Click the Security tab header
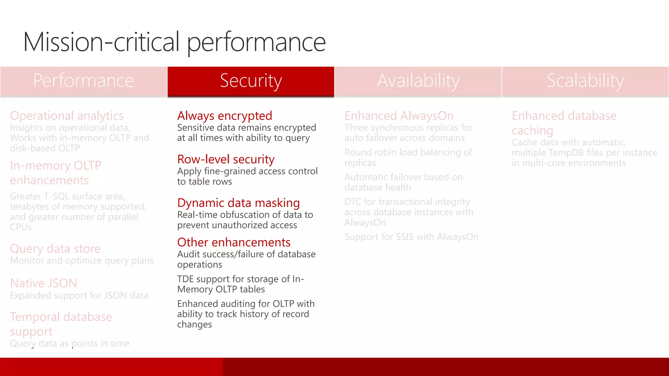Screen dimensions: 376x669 click(251, 81)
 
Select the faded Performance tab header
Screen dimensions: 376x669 click(83, 81)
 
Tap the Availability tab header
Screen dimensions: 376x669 click(418, 81)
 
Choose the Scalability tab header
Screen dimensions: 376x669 click(585, 81)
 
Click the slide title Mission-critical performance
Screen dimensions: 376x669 click(174, 42)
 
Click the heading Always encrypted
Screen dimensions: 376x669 click(224, 116)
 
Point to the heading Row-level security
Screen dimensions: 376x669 click(226, 159)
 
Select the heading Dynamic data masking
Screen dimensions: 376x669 click(238, 203)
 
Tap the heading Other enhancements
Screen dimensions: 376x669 click(234, 243)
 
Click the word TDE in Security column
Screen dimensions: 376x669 click(185, 279)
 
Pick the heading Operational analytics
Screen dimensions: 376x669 click(67, 116)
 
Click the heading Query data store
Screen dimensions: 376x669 click(55, 249)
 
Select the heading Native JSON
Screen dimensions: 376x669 click(43, 283)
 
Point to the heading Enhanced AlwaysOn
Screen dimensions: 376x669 click(399, 116)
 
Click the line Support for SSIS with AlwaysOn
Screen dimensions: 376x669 click(411, 237)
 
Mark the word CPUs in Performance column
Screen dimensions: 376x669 click(21, 227)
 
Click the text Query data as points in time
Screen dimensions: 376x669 click(70, 343)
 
